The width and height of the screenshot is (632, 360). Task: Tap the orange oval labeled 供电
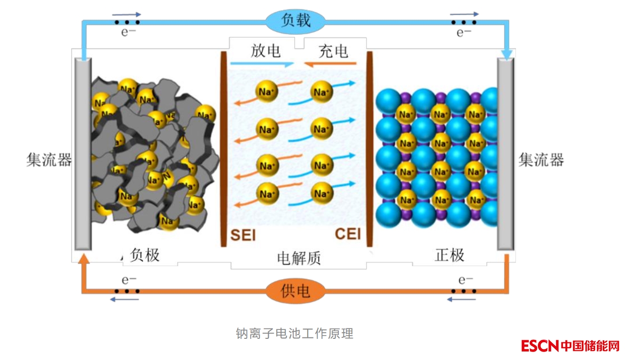click(x=296, y=291)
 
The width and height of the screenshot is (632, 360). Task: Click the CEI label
click(x=348, y=234)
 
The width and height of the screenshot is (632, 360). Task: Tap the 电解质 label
click(x=299, y=257)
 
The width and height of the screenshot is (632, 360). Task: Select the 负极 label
click(x=145, y=255)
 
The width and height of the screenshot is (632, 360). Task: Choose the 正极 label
click(x=449, y=255)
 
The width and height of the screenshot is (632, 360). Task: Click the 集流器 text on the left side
click(x=49, y=160)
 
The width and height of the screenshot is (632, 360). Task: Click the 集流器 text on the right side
click(x=541, y=160)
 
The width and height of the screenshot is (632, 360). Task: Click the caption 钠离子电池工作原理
click(x=295, y=334)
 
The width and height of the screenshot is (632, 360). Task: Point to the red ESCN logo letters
click(x=540, y=346)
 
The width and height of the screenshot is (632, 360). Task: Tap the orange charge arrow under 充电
click(x=330, y=64)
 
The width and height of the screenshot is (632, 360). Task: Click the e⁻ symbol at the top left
click(x=128, y=32)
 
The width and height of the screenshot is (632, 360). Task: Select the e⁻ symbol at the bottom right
click(x=465, y=280)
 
